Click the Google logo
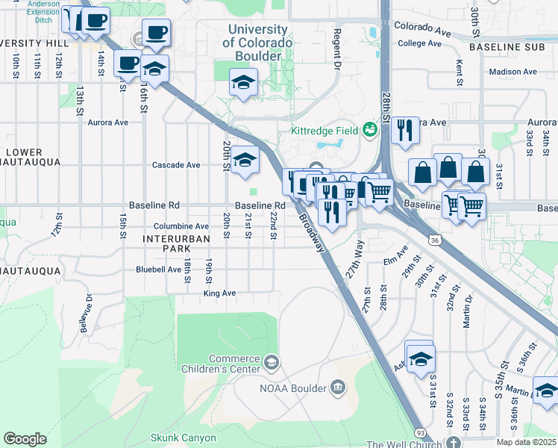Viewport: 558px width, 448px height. pos(25,439)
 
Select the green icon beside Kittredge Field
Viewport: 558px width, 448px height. pos(369,129)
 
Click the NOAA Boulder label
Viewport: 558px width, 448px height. pos(293,388)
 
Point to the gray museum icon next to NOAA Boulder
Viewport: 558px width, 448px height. pos(337,388)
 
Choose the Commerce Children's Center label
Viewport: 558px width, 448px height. pos(223,364)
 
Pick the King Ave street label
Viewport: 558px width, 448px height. pos(219,293)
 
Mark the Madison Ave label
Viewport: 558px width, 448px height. pos(513,72)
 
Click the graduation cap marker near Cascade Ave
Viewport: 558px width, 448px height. pos(245,161)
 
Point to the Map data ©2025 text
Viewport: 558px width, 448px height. pos(526,442)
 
